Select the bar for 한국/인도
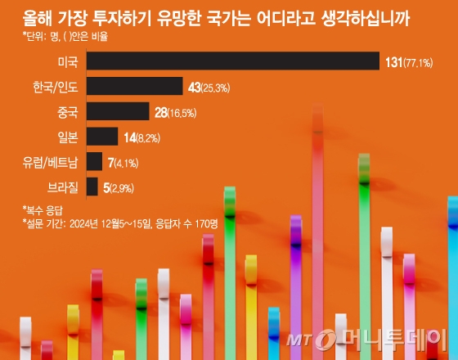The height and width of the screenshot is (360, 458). (134, 87)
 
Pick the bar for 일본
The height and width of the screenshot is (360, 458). (102, 137)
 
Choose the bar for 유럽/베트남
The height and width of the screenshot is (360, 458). (94, 162)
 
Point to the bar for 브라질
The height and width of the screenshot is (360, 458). (92, 187)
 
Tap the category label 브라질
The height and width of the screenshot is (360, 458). (61, 187)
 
